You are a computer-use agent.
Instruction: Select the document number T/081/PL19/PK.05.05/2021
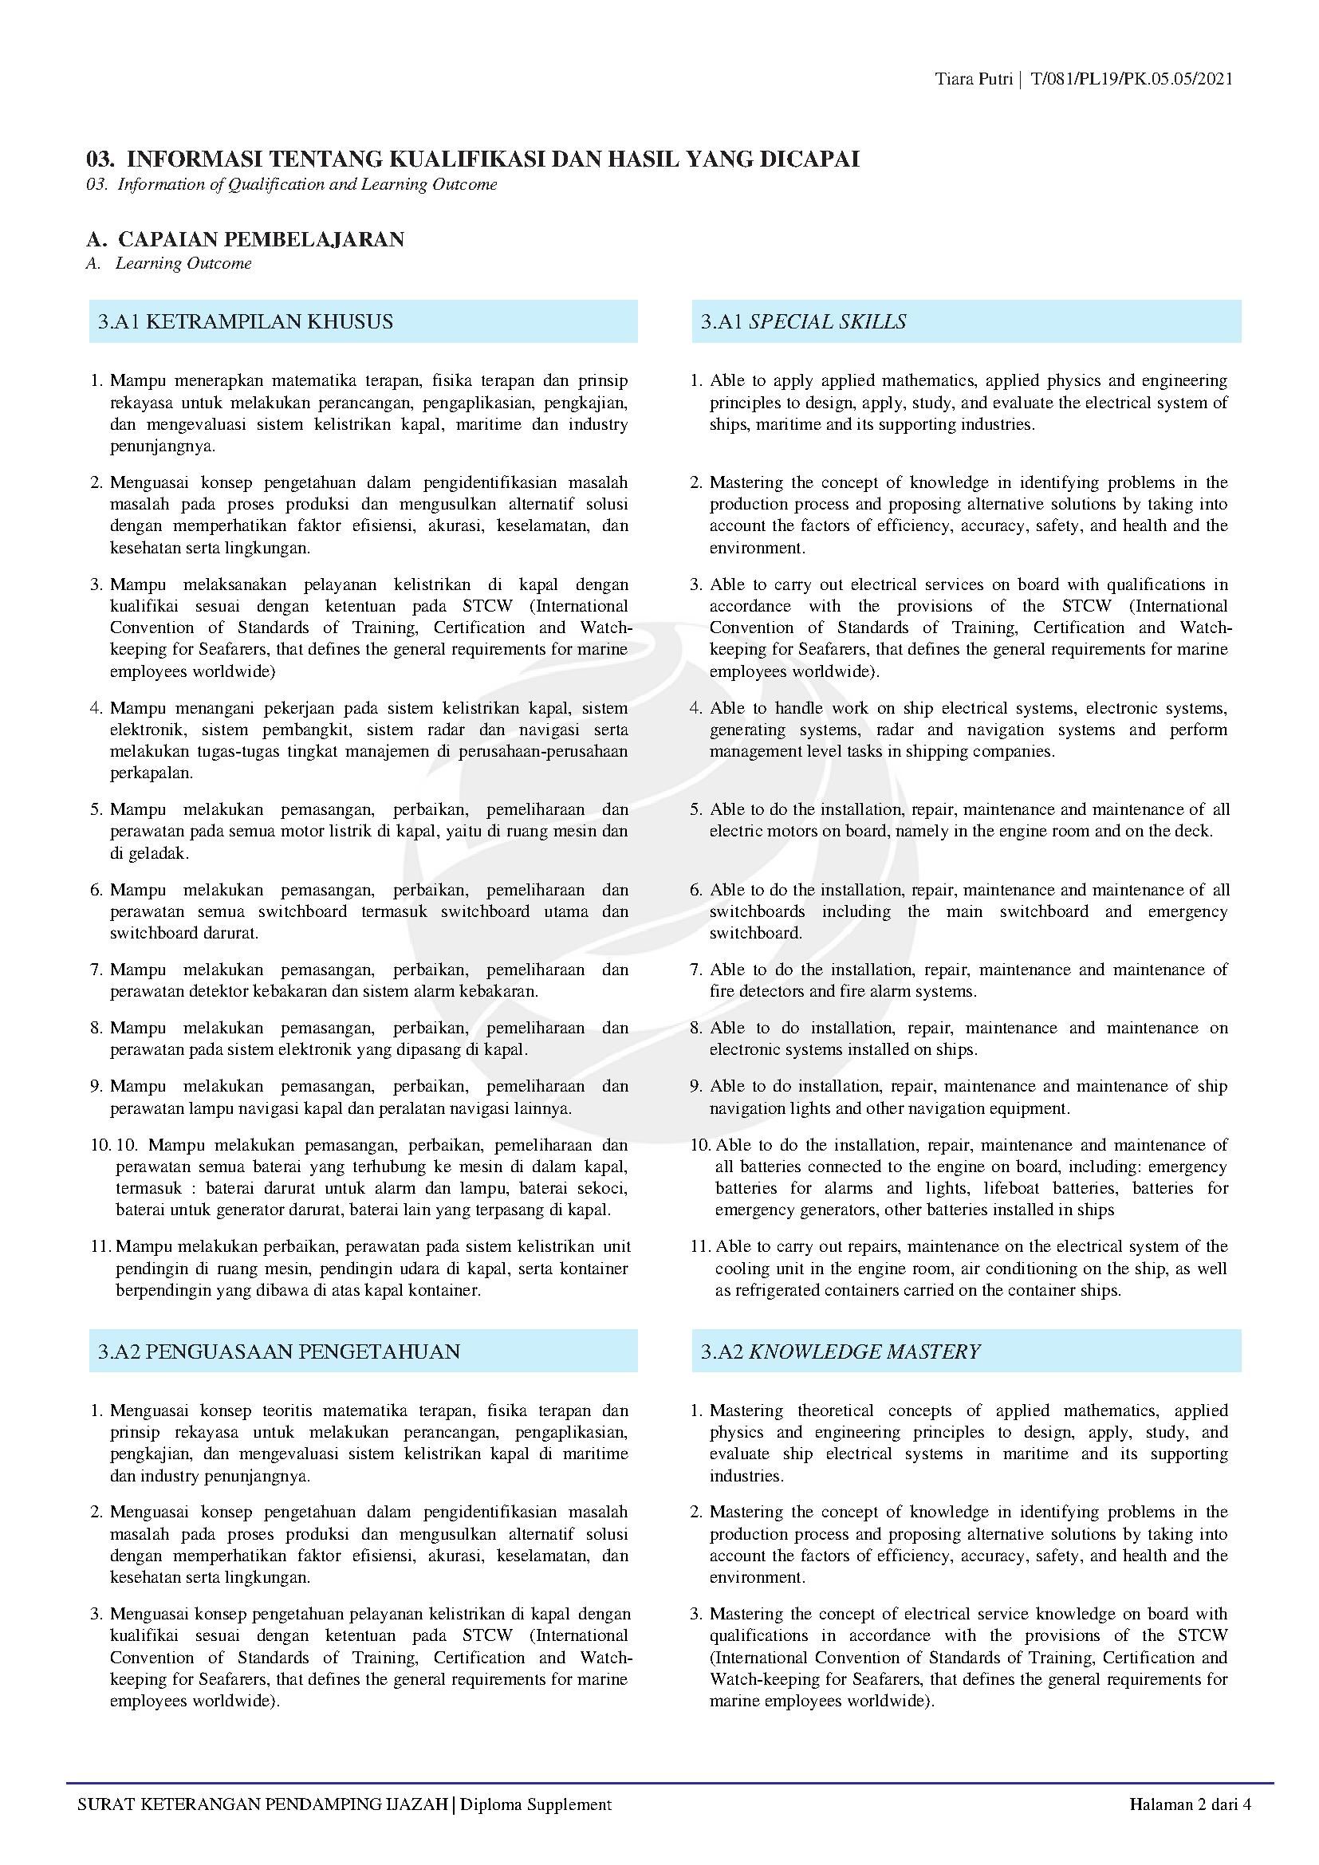coord(1132,79)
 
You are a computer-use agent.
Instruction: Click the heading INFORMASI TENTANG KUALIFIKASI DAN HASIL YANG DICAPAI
coord(493,159)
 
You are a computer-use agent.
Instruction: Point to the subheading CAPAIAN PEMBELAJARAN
coord(261,240)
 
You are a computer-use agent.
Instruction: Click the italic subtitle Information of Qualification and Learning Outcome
coord(307,184)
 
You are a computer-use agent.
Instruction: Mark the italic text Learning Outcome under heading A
coord(183,263)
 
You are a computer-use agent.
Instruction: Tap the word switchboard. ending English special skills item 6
coord(755,934)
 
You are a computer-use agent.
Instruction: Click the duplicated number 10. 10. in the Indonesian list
coord(114,1145)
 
